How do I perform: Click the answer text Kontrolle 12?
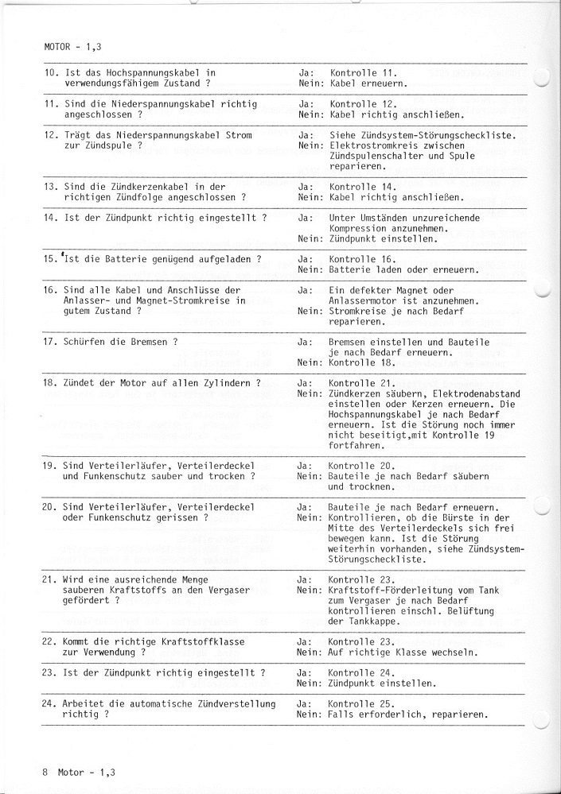(362, 104)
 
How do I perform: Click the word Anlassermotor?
(365, 300)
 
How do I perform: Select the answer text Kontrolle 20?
(362, 466)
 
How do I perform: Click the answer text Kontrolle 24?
(362, 673)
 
